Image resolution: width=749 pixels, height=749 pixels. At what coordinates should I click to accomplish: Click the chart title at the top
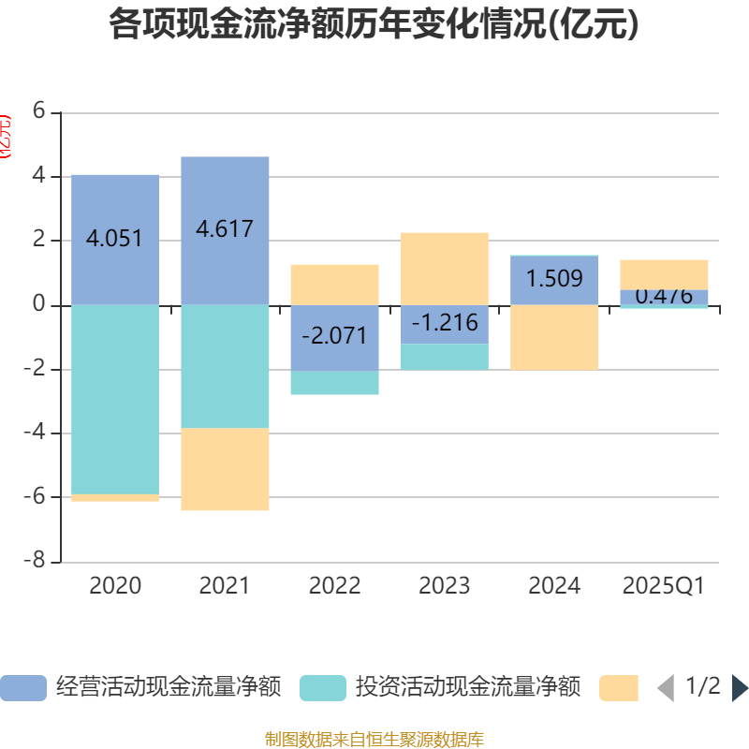point(374,24)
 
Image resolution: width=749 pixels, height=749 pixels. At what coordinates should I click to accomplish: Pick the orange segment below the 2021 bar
point(225,469)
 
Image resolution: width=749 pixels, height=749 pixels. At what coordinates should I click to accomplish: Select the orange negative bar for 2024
point(554,338)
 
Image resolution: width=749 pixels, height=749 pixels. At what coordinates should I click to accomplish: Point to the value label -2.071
point(334,336)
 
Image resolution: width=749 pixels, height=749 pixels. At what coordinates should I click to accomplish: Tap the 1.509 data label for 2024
point(554,279)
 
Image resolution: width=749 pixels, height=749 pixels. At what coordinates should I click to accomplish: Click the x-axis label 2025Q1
point(663,586)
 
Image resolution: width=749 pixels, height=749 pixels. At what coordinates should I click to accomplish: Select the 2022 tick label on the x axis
point(334,586)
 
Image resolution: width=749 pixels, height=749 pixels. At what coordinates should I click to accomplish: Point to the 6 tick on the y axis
point(38,111)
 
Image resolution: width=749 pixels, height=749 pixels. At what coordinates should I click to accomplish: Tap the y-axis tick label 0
point(38,304)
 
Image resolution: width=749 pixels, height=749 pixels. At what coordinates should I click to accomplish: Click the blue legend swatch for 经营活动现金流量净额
point(22,688)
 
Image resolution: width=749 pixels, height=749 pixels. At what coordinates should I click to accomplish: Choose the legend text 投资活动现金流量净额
point(467,687)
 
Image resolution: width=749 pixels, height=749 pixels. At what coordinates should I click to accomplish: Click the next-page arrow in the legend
point(739,688)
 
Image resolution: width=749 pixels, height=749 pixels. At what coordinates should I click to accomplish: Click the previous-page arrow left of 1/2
point(666,688)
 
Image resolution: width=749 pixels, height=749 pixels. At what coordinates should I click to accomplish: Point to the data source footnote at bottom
point(374,739)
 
